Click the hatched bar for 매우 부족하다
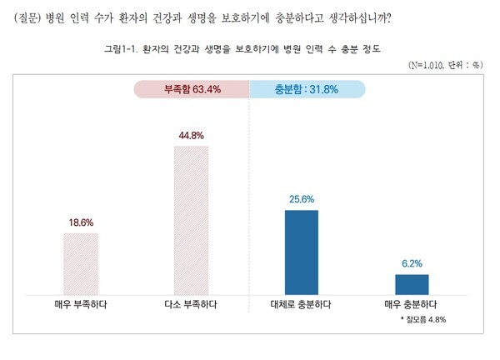click(x=81, y=262)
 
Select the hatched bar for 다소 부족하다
click(x=191, y=218)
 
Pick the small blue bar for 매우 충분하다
click(x=411, y=283)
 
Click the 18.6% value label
click(x=81, y=222)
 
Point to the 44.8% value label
click(x=191, y=135)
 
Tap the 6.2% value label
click(x=411, y=264)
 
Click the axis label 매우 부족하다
click(x=81, y=304)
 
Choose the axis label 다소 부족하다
click(x=191, y=304)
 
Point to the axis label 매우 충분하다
click(x=411, y=304)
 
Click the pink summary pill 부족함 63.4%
click(x=191, y=88)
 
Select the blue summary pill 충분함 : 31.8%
click(x=307, y=88)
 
